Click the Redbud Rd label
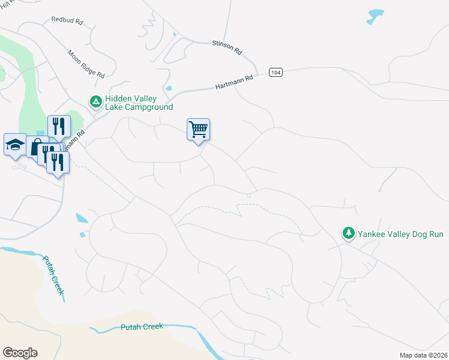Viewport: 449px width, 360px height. (67, 20)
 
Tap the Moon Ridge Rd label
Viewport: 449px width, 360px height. (86, 64)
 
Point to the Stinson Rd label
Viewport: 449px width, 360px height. (227, 47)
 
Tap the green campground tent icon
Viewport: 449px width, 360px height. (95, 103)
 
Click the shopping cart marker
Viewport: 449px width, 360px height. (198, 129)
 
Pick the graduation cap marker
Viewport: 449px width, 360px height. (15, 145)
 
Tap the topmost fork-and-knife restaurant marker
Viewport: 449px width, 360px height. (59, 125)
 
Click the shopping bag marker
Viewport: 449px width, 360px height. (36, 146)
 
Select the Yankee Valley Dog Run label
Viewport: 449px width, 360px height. (400, 233)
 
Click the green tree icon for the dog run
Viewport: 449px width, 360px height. (348, 233)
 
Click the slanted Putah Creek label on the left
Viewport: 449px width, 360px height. (53, 275)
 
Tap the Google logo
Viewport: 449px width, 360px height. (20, 353)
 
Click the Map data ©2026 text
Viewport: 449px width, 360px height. (423, 355)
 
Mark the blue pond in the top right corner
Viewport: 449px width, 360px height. (375, 16)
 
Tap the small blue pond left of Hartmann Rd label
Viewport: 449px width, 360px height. (169, 89)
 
